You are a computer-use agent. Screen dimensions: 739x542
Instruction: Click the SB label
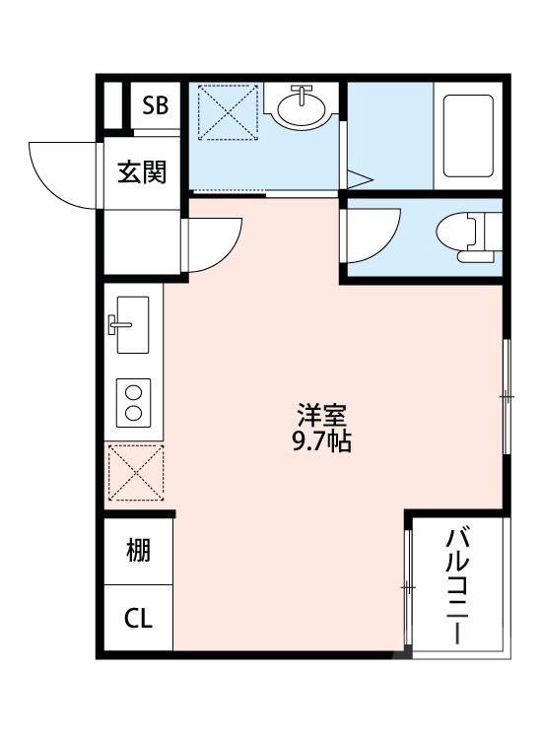[156, 106]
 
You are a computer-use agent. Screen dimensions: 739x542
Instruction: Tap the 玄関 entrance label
[142, 171]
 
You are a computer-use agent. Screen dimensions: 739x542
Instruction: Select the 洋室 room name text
[321, 416]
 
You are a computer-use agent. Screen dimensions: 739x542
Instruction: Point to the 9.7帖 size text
[321, 442]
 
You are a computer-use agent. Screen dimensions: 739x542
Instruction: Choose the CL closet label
[139, 619]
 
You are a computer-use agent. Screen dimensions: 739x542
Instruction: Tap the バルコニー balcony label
[457, 586]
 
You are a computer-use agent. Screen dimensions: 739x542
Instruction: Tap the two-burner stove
[132, 402]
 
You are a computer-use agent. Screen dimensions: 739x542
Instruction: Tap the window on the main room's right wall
[507, 396]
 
